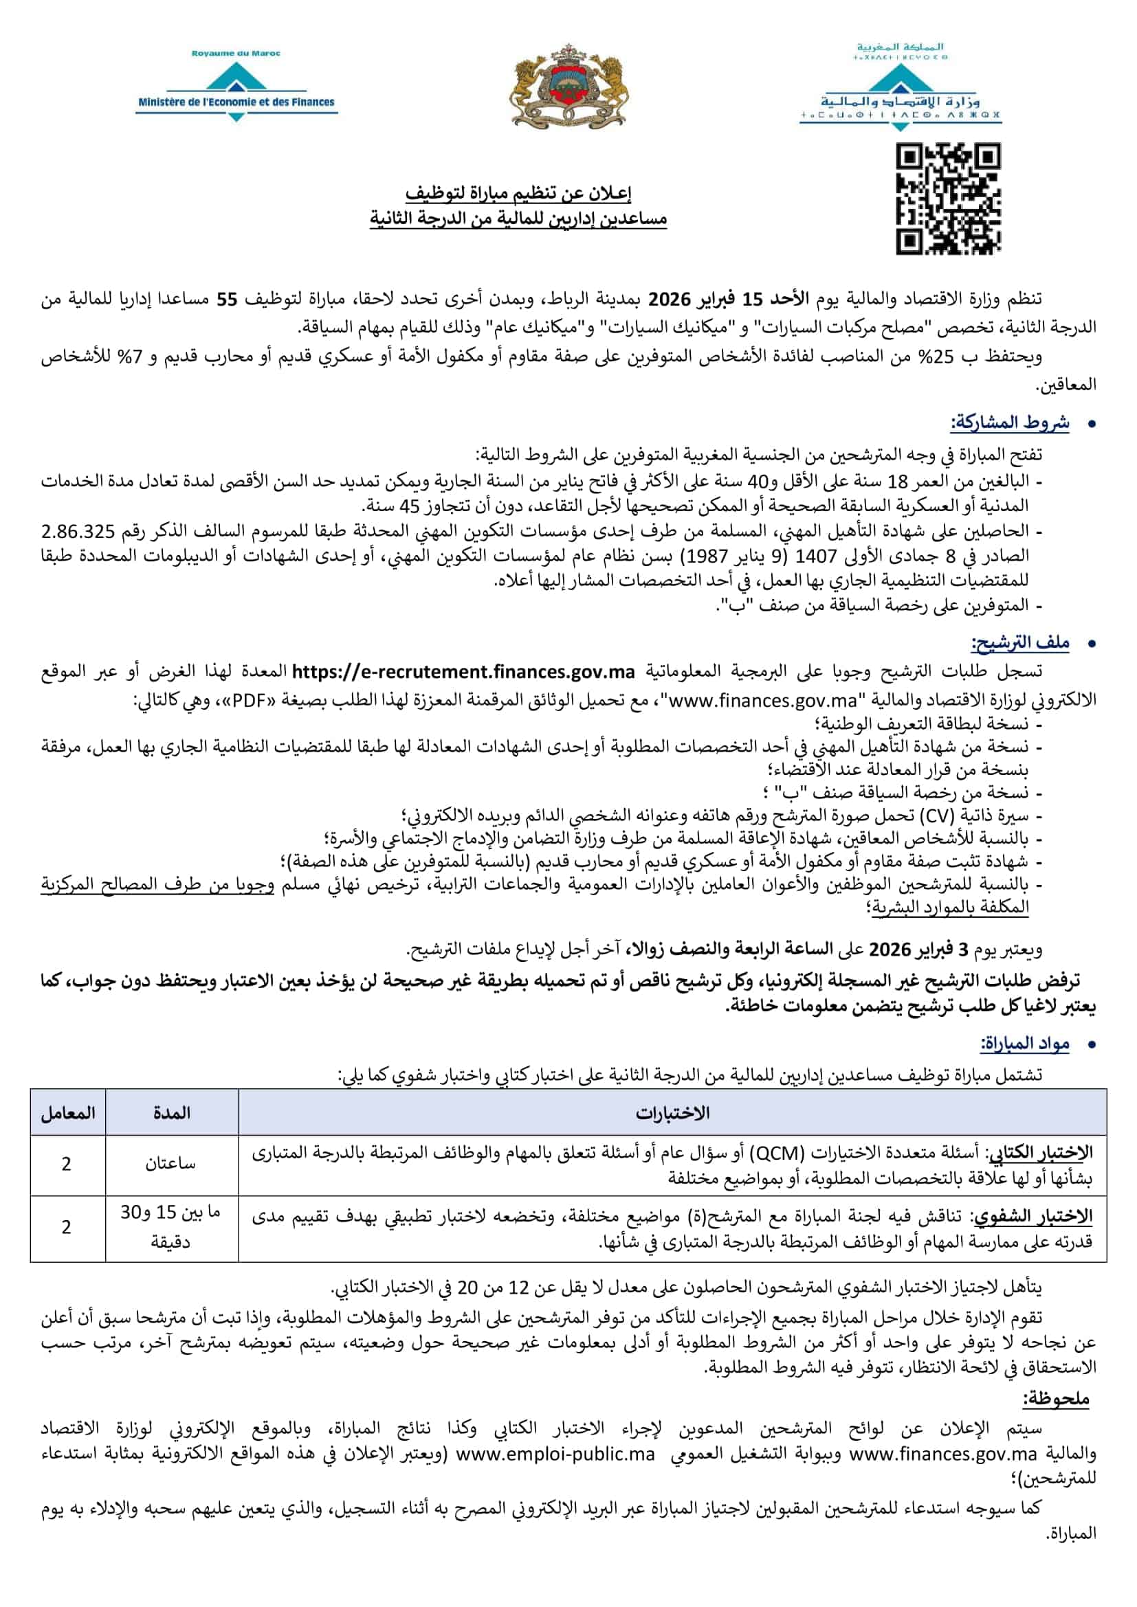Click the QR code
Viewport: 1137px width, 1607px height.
click(x=948, y=198)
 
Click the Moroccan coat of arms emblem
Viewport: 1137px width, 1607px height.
click(x=568, y=87)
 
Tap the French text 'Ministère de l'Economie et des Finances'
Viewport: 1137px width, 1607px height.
click(x=236, y=102)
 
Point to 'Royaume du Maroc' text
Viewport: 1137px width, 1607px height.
click(x=236, y=53)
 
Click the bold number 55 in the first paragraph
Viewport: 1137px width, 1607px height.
click(x=227, y=300)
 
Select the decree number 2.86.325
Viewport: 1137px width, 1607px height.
click(x=78, y=531)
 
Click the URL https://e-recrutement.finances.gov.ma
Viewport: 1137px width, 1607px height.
click(x=463, y=671)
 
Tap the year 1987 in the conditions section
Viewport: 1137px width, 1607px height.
click(x=707, y=556)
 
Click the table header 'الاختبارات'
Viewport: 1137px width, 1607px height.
click(x=672, y=1113)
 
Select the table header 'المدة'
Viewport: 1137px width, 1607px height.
click(x=172, y=1113)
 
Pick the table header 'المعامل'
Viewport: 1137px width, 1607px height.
click(x=68, y=1113)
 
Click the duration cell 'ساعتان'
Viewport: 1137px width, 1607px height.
click(x=170, y=1164)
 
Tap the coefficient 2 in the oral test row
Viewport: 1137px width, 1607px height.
click(x=67, y=1227)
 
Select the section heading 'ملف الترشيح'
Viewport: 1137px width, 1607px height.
click(x=1019, y=642)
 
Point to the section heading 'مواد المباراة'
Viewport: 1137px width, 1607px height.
click(x=1024, y=1044)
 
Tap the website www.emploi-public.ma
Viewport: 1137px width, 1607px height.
click(x=555, y=1454)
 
